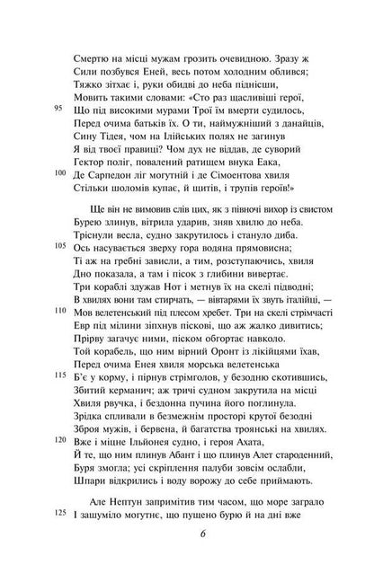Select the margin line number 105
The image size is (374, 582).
tap(60, 269)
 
